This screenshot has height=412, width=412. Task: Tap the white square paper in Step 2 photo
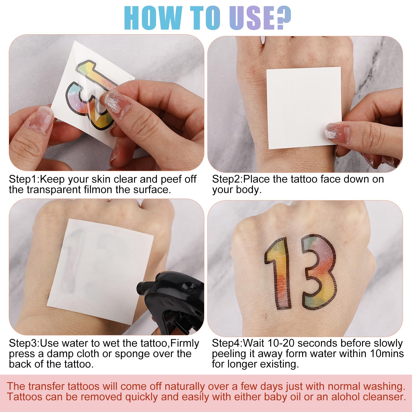304,108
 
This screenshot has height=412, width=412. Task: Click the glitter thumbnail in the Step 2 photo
337,133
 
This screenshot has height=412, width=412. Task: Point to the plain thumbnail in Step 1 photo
41,120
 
